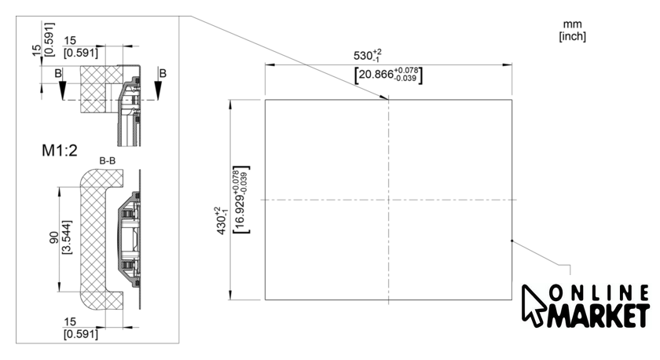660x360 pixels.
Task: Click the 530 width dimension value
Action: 368,56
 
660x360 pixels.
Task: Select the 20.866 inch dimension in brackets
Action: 388,75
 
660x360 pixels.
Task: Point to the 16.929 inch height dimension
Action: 241,200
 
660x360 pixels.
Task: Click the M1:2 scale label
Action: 60,150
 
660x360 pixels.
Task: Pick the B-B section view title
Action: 108,161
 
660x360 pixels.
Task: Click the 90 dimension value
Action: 54,237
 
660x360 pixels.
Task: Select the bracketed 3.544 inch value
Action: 67,237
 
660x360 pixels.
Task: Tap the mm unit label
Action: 572,24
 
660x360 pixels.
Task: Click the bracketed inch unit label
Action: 573,36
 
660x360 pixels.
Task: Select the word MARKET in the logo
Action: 598,315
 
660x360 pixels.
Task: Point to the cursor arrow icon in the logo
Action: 533,305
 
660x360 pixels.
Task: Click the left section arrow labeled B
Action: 62,87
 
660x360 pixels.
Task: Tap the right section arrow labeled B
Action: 158,87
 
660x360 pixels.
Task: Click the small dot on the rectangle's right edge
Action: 511,241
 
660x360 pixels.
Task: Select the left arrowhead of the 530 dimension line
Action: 269,64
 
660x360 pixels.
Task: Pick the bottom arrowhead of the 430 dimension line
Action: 229,295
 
